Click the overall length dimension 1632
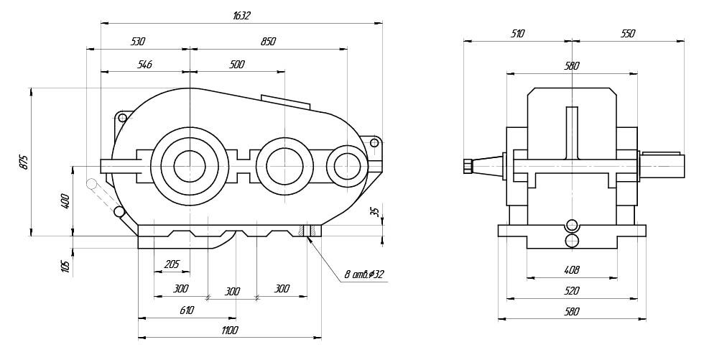coord(241,15)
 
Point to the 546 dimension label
coord(144,65)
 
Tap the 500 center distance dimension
coord(236,65)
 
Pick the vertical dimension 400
coord(65,200)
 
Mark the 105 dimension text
coord(65,265)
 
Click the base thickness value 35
coord(374,211)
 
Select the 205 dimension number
coord(172,264)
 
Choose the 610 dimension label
coord(187,310)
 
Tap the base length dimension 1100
coord(229,330)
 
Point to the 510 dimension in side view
coord(517,33)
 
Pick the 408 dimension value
coord(572,270)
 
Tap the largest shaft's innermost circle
coord(190,165)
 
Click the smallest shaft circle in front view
coord(347,166)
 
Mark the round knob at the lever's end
coord(91,185)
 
